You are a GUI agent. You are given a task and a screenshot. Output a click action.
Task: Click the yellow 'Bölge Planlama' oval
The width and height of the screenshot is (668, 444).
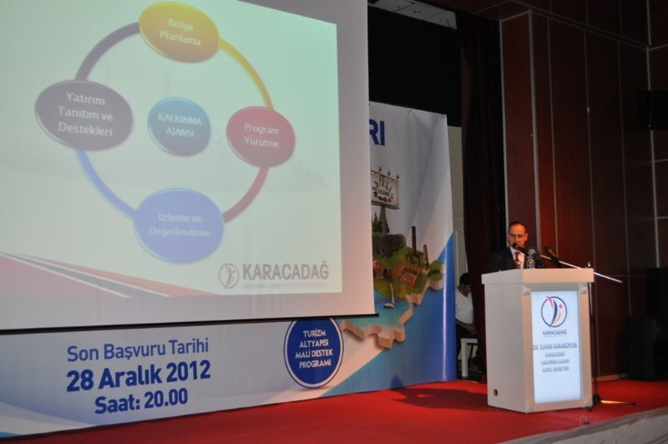point(179,32)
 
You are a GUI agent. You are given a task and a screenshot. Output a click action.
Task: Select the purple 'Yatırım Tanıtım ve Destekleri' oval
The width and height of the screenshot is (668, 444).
point(83,115)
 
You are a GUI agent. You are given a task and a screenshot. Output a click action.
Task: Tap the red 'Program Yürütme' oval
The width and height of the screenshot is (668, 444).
point(261,135)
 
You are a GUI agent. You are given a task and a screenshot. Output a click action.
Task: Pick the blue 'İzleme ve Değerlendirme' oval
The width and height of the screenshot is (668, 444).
point(179,225)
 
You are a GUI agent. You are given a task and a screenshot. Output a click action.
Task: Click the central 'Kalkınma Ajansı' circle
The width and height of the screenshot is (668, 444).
point(179,126)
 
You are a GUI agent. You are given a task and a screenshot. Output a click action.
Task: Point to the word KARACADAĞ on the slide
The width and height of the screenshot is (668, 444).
point(285,272)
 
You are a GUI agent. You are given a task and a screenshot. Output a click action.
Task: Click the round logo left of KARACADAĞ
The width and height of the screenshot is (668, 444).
point(228,275)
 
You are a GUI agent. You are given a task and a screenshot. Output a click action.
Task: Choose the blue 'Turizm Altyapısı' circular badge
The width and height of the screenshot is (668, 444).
point(313,352)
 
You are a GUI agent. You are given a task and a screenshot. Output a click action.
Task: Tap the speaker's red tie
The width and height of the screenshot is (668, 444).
point(518,259)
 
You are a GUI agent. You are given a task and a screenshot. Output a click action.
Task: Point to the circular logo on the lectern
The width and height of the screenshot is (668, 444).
point(553,311)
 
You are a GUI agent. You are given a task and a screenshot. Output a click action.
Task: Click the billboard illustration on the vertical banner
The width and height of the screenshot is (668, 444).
point(385,186)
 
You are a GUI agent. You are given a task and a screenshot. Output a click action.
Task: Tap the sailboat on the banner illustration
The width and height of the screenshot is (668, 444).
point(389,296)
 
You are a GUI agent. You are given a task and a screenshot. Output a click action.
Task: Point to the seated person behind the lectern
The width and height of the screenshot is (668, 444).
point(464,305)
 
